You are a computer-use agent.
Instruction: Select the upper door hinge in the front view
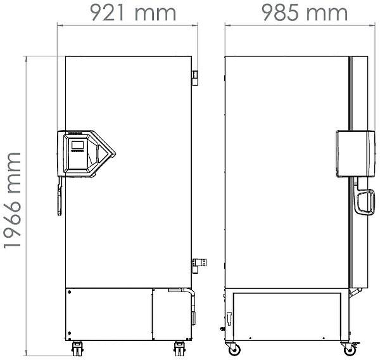(194, 76)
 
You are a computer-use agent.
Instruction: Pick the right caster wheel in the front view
(179, 347)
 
